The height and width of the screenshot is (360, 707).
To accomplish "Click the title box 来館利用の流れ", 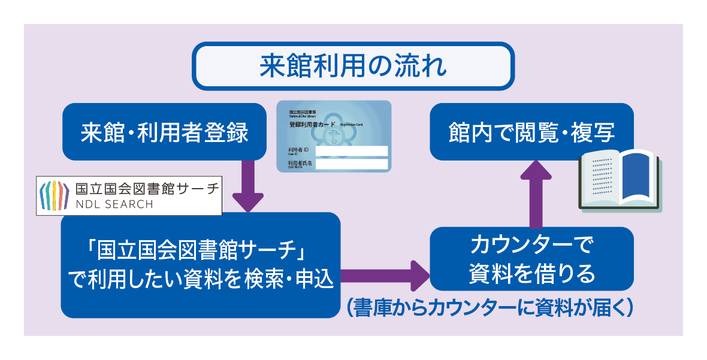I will click(x=353, y=66).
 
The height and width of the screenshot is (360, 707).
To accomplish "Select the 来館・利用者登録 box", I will click(x=164, y=132).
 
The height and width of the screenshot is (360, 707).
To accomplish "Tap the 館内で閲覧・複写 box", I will click(x=531, y=132).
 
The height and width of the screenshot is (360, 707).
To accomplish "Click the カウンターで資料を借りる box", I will click(x=531, y=259).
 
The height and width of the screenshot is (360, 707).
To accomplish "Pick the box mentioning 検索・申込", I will click(x=201, y=264).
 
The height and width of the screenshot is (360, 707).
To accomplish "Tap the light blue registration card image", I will click(x=334, y=136).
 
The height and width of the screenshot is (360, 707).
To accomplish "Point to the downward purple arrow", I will click(x=247, y=186).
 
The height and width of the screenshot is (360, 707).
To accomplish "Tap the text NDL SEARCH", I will click(x=114, y=204).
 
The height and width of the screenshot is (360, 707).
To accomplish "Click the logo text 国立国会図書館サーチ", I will click(x=146, y=188).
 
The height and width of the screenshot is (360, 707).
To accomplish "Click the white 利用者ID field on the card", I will click(x=352, y=151).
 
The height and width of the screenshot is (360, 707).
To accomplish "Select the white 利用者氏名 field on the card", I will click(x=352, y=164).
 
